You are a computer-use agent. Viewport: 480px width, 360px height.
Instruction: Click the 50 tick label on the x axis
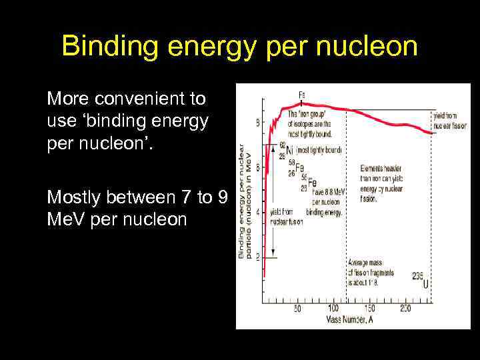297,309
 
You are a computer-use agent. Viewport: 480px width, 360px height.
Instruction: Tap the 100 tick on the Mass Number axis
333,309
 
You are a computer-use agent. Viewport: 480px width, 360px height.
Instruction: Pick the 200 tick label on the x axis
405,309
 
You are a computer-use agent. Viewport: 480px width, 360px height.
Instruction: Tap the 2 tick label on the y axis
258,257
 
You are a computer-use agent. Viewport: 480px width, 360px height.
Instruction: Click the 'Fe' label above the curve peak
301,95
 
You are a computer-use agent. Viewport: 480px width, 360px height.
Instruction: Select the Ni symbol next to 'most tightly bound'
289,150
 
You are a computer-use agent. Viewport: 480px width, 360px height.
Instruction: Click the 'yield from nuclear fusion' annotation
287,216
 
